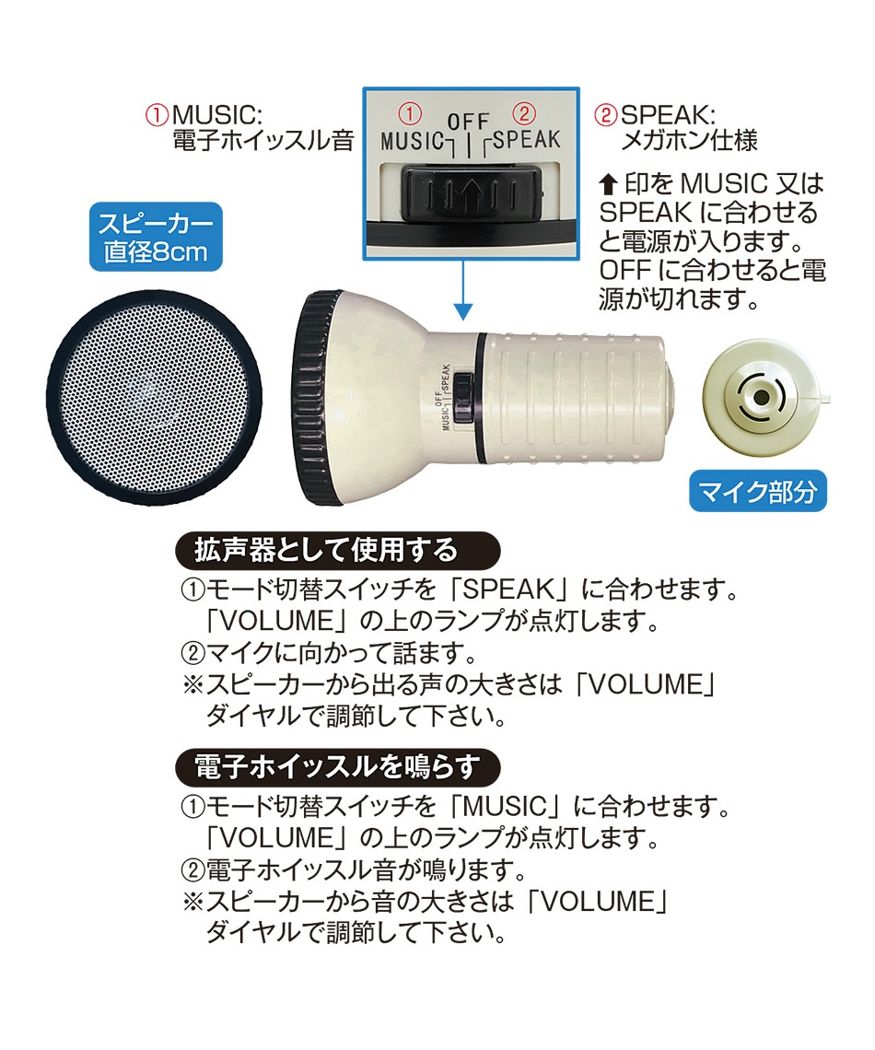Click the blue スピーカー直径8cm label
(156, 237)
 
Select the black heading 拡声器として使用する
(337, 551)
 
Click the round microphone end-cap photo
(762, 397)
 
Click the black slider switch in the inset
(471, 192)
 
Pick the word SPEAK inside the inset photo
(526, 141)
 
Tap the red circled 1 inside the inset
(410, 115)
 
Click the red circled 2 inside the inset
(523, 114)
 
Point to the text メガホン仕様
(690, 142)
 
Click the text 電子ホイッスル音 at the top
(262, 142)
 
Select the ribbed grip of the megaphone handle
(580, 396)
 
